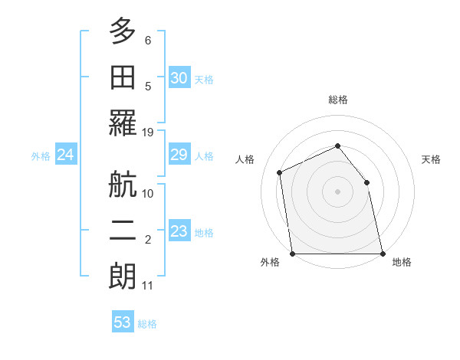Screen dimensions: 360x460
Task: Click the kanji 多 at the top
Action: (x=123, y=31)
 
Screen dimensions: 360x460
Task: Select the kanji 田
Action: (x=123, y=77)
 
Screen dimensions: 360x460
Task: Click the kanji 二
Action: (x=123, y=230)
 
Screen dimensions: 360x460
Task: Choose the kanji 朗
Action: (x=123, y=277)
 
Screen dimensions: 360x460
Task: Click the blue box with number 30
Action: (x=179, y=77)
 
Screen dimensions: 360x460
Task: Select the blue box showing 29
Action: (x=179, y=155)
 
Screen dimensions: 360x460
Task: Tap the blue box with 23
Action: (x=179, y=232)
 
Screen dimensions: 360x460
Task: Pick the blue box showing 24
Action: (x=65, y=155)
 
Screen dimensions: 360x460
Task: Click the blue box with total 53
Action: (x=123, y=322)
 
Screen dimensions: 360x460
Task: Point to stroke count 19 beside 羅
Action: (x=148, y=133)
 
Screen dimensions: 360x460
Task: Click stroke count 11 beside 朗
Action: (x=148, y=286)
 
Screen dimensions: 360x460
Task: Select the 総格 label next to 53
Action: (x=147, y=324)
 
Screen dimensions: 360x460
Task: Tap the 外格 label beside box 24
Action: (x=41, y=156)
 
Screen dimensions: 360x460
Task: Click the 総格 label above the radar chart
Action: (x=337, y=100)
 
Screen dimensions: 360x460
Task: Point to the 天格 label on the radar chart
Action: (x=432, y=159)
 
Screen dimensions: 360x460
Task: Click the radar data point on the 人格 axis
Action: (x=280, y=172)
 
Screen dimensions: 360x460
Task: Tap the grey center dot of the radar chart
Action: (x=337, y=191)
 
